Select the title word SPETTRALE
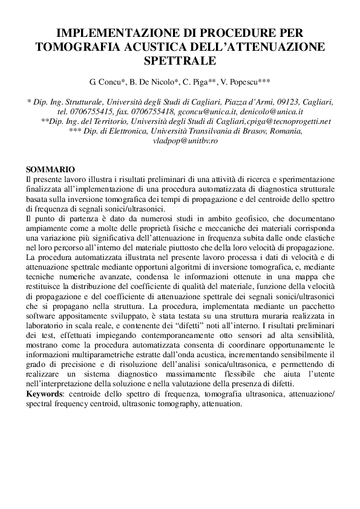180,60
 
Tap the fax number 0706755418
154,112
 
